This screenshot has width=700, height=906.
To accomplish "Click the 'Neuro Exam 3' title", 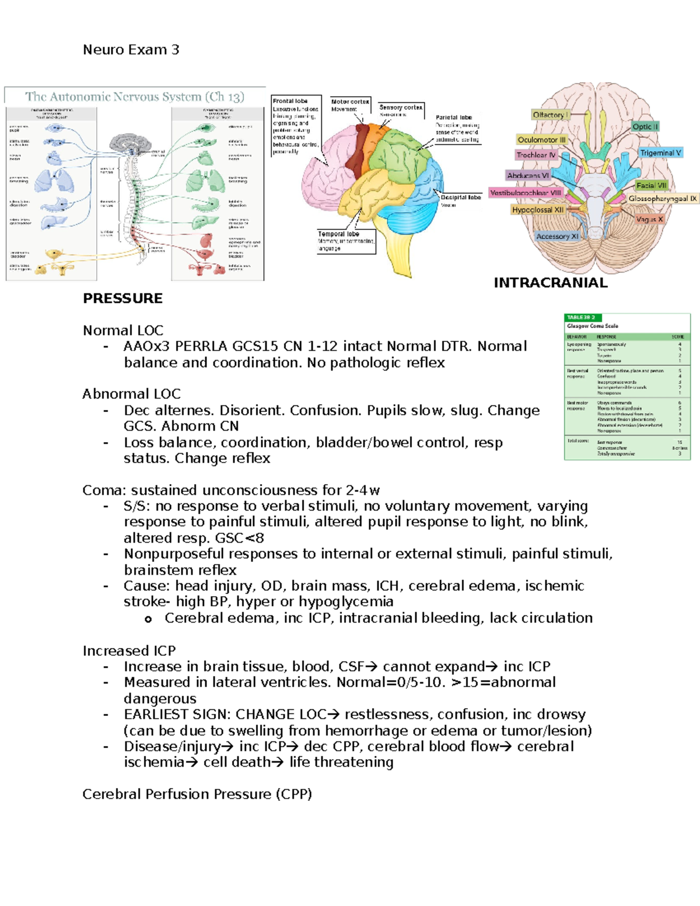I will point(131,50).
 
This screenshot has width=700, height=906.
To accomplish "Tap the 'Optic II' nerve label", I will point(645,127).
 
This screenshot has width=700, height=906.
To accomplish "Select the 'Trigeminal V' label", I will point(660,153).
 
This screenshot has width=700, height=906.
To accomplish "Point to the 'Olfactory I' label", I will point(550,115).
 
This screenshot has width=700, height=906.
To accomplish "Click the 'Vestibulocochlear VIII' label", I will point(526,193).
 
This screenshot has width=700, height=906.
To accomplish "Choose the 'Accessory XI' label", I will point(557,236).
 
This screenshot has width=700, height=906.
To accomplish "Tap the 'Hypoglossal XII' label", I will point(538,210).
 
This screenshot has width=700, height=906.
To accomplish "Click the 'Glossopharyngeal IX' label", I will point(663,199).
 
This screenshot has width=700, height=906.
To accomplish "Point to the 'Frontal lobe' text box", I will point(296,125).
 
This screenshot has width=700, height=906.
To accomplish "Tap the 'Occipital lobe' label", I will point(460,200).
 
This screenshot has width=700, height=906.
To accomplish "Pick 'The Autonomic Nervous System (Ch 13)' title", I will point(135,97).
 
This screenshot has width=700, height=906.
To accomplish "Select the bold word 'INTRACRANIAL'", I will point(550,283).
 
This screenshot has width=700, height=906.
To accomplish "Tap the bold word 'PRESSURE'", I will point(123,299).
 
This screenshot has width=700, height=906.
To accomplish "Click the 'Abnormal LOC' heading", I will point(131,394).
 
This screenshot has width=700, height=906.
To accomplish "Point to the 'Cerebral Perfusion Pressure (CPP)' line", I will point(197,795).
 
